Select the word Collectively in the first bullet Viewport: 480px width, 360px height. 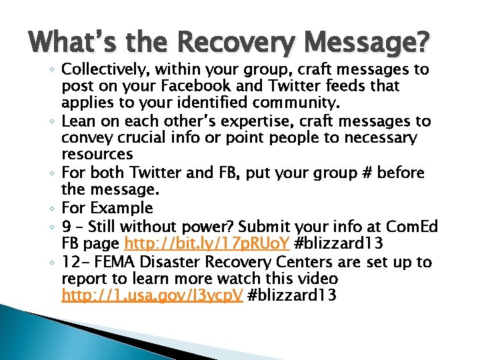103,70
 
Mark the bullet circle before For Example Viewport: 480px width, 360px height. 52,208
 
